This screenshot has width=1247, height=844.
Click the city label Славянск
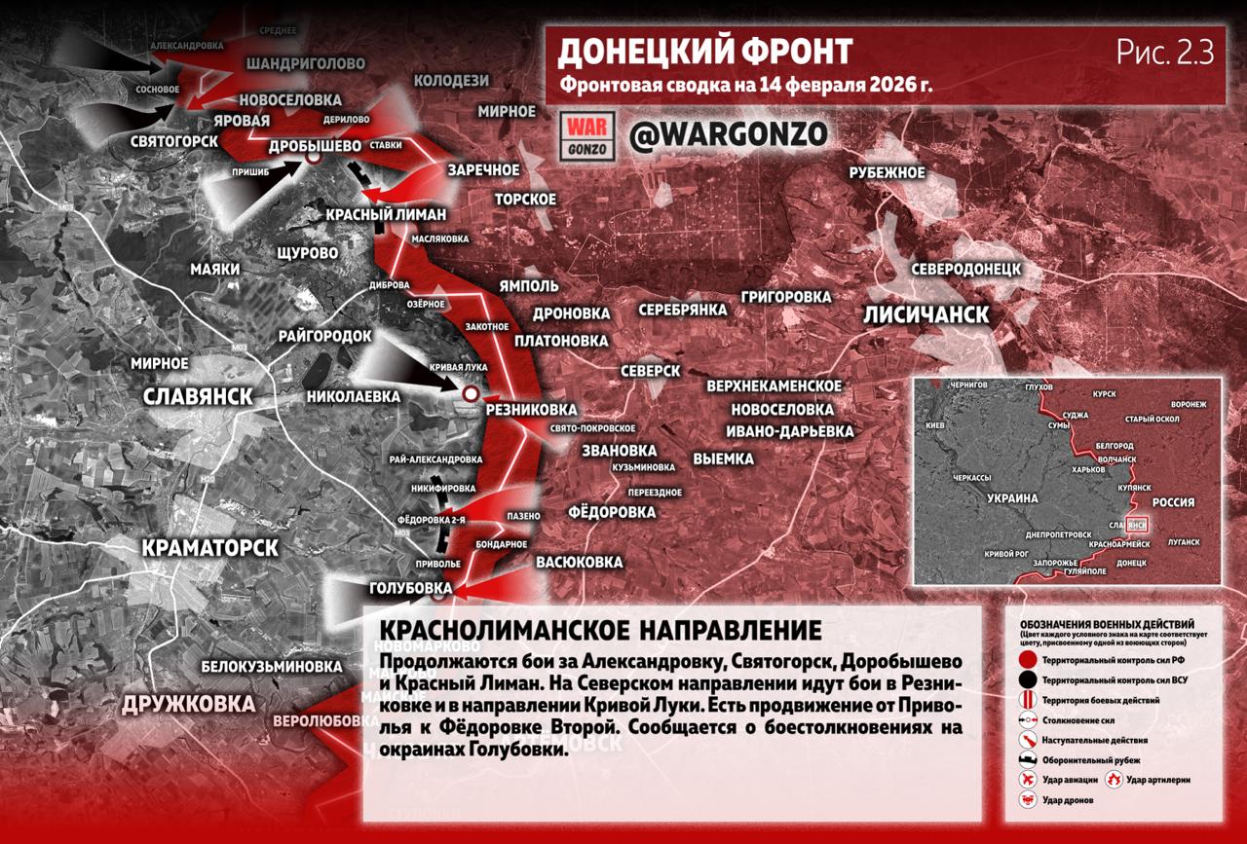[x=198, y=396]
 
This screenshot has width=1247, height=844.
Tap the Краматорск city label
[x=209, y=548]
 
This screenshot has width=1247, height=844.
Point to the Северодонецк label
[x=965, y=268]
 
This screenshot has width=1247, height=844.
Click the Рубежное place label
[x=886, y=172]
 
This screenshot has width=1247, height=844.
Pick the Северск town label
[x=652, y=371]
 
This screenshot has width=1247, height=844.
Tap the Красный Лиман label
[x=386, y=214]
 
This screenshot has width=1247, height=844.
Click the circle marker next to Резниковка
[x=471, y=393]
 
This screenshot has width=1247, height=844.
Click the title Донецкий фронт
[x=705, y=51]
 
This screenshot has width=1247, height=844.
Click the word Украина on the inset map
[x=1014, y=497]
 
